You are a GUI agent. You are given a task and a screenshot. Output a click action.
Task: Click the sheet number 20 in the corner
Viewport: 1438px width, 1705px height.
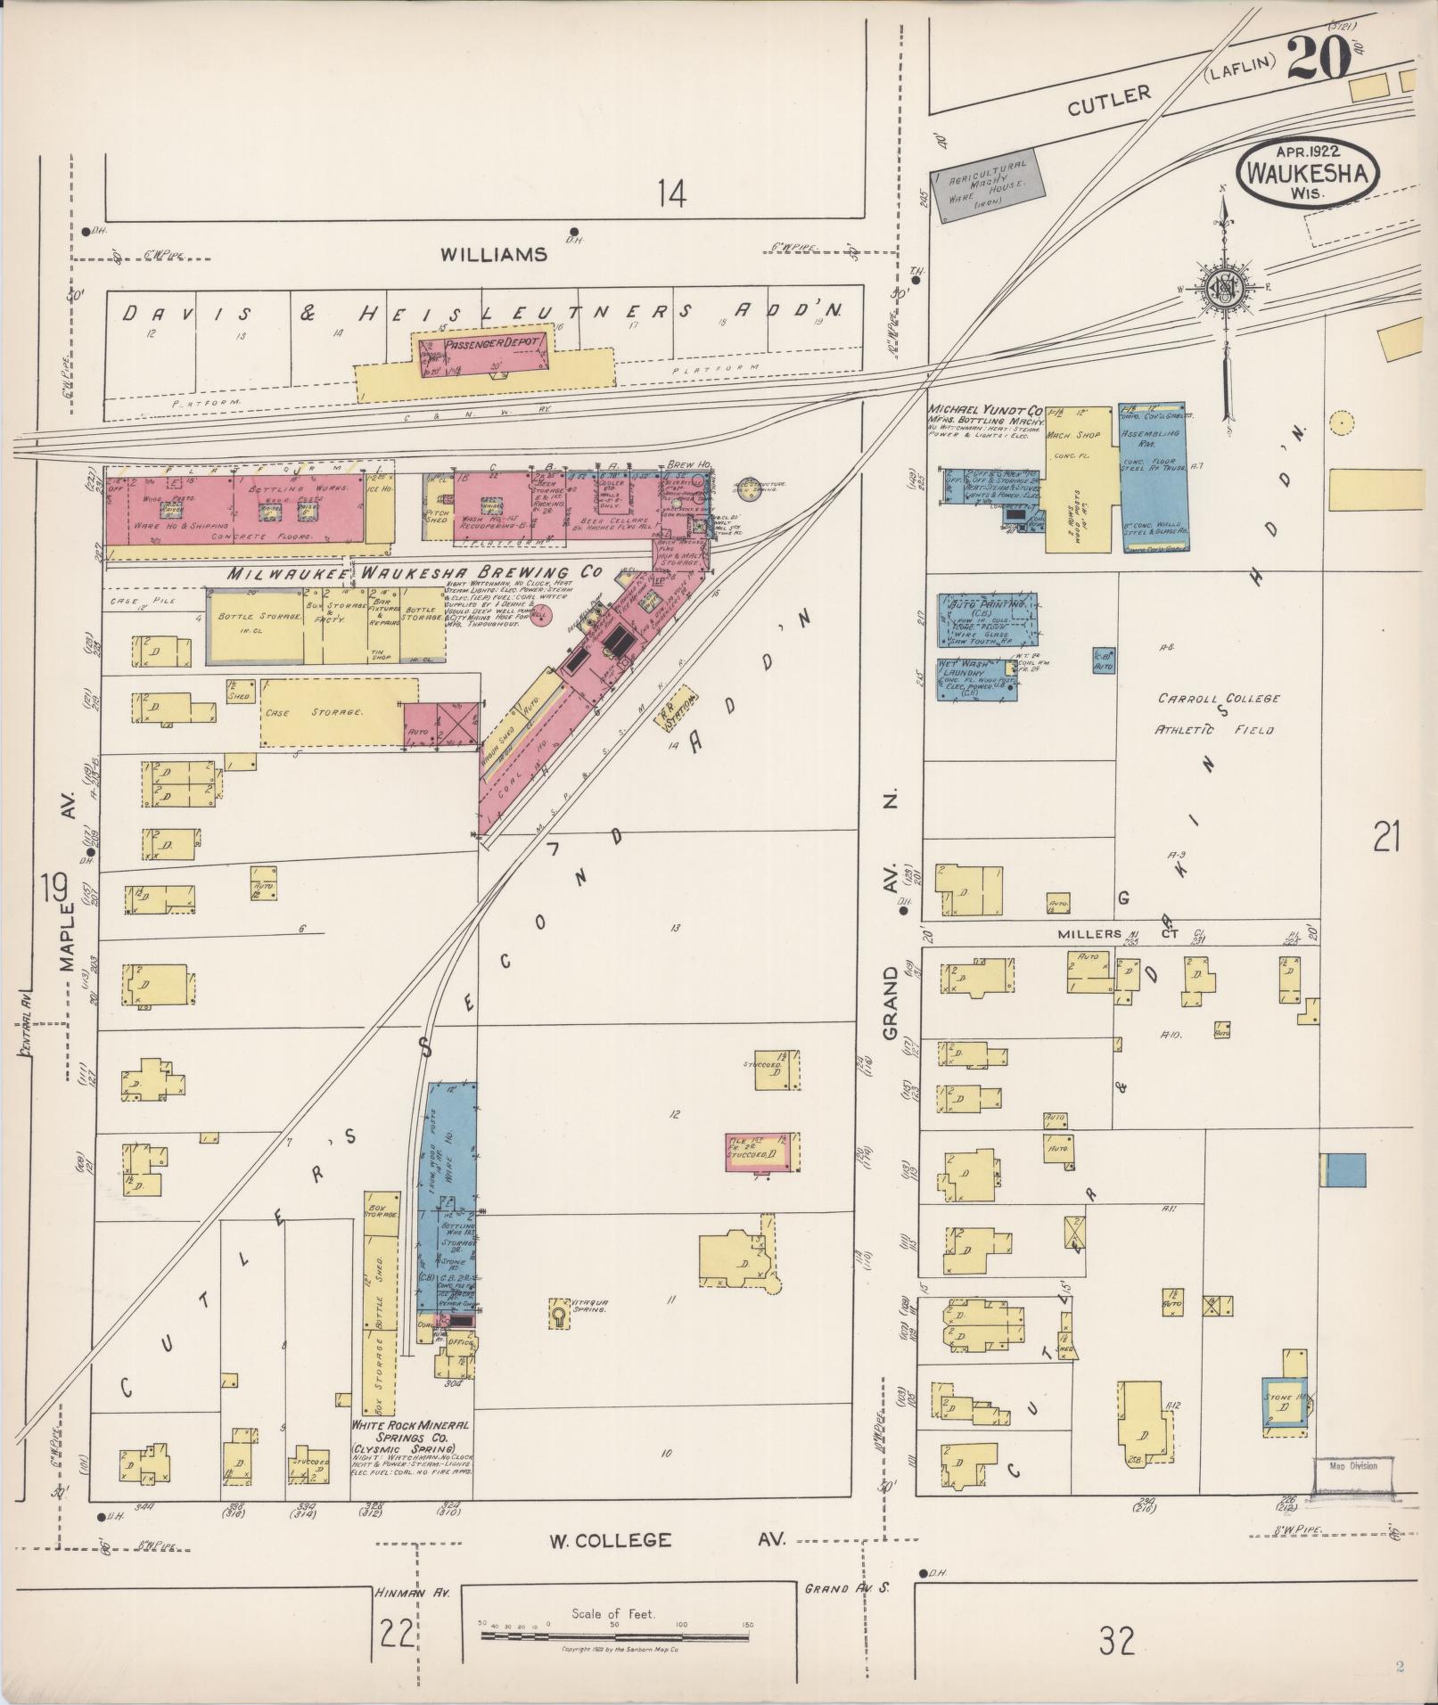pyautogui.click(x=1316, y=61)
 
